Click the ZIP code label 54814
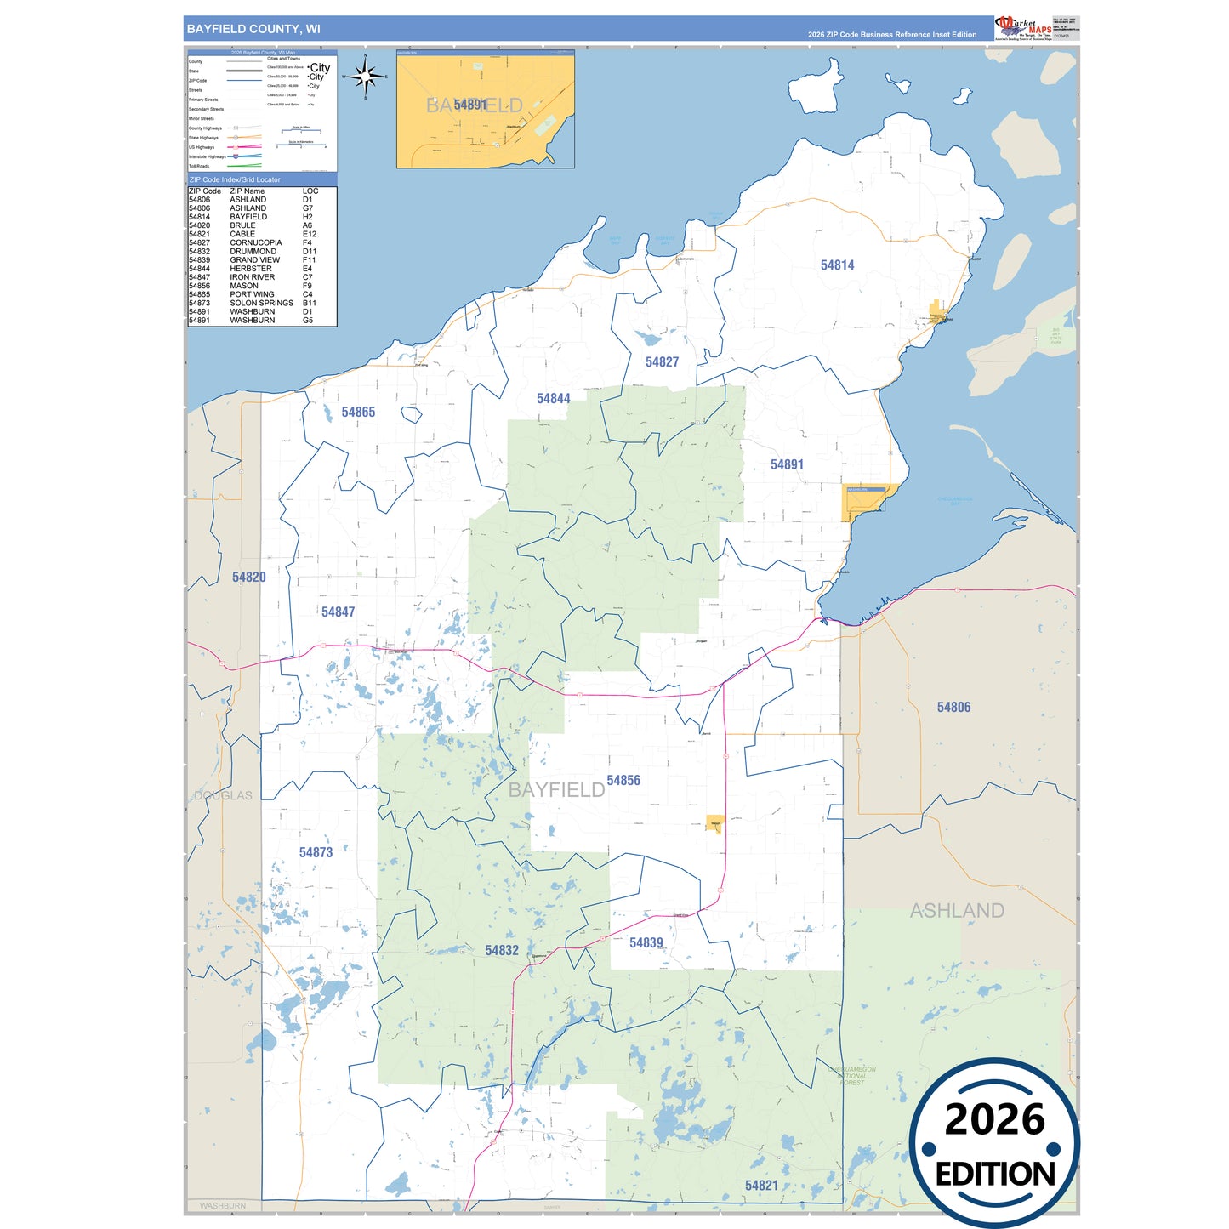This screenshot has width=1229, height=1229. [x=837, y=265]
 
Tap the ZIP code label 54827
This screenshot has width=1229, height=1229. [x=662, y=362]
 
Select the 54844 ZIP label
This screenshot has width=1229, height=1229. [x=553, y=399]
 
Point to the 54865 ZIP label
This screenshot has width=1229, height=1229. [x=358, y=413]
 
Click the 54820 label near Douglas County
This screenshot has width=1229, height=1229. [x=248, y=578]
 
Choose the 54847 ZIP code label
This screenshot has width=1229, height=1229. [x=338, y=612]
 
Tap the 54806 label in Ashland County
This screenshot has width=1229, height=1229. [x=953, y=708]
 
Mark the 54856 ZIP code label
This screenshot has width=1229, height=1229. [x=623, y=781]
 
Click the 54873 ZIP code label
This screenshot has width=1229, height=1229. [x=316, y=853]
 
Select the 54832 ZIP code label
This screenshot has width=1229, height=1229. [x=501, y=951]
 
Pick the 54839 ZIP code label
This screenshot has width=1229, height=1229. [x=646, y=943]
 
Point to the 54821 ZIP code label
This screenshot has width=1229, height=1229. [x=761, y=1186]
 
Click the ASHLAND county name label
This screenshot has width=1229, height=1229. [x=957, y=911]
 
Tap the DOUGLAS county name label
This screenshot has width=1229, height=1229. [x=223, y=796]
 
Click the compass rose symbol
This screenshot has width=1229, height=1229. [x=366, y=77]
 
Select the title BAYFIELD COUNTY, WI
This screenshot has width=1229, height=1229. [x=253, y=29]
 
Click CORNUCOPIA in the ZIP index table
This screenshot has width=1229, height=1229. [x=255, y=243]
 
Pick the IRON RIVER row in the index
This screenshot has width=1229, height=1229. [x=252, y=277]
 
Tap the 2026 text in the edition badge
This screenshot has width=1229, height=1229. [x=994, y=1120]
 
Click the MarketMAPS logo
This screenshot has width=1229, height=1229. [x=1023, y=28]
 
